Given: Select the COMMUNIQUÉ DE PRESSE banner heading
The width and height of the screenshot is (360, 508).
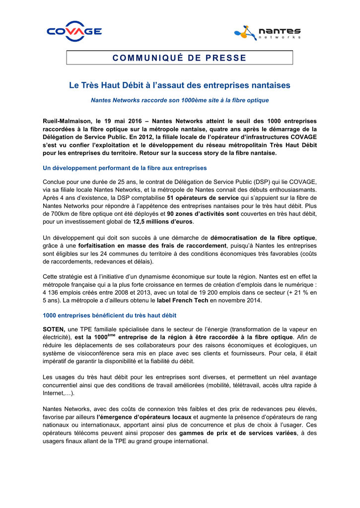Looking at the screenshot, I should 179,58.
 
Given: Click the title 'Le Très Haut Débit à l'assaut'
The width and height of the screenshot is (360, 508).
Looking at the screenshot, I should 179,86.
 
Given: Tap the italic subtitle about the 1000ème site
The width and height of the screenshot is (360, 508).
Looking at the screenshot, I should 180,100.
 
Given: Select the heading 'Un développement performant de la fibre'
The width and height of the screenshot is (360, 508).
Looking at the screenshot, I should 125,168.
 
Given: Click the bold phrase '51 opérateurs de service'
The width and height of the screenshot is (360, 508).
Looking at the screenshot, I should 203,197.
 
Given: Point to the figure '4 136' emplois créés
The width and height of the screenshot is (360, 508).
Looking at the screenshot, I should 52,292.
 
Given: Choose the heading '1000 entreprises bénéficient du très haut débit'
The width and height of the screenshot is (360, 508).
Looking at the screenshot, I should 110,315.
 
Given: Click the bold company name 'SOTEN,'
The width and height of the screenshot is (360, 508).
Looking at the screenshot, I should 54,329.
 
